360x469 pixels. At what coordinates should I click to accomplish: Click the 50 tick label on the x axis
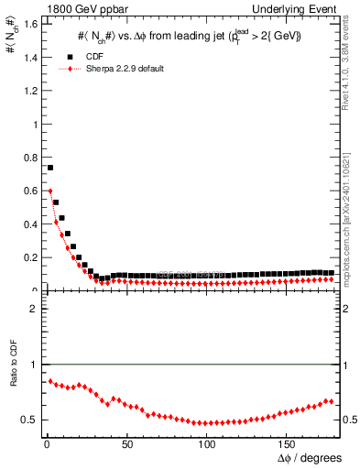point(126,446)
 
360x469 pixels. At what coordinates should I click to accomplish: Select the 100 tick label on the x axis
point(207,446)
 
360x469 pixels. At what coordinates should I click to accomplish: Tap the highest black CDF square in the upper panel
point(50,168)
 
